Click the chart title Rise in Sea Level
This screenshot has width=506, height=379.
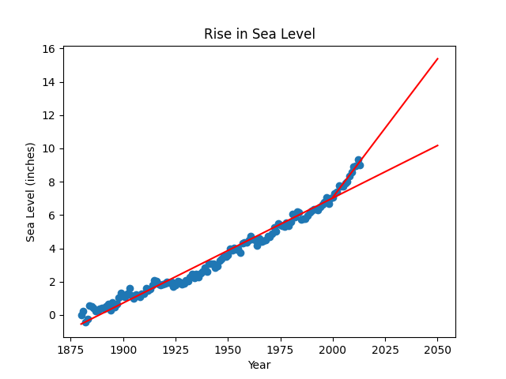coord(259,34)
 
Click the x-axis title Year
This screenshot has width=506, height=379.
coord(259,366)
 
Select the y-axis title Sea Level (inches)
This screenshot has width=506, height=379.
coord(31,192)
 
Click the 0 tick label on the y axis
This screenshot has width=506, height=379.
coord(51,315)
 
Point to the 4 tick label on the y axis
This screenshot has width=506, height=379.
coord(51,249)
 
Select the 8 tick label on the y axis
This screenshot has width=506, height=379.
coord(51,182)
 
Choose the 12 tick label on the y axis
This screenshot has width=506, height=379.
coord(49,115)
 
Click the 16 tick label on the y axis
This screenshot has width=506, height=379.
coord(49,49)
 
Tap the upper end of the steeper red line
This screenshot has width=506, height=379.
coord(437,58)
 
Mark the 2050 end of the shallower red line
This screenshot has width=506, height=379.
coord(437,145)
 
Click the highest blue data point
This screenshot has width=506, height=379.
coord(358,160)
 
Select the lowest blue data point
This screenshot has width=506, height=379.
coord(85,322)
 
